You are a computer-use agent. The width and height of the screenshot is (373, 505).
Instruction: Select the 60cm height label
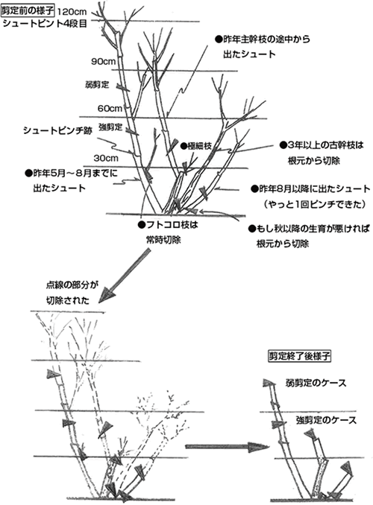(108, 107)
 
